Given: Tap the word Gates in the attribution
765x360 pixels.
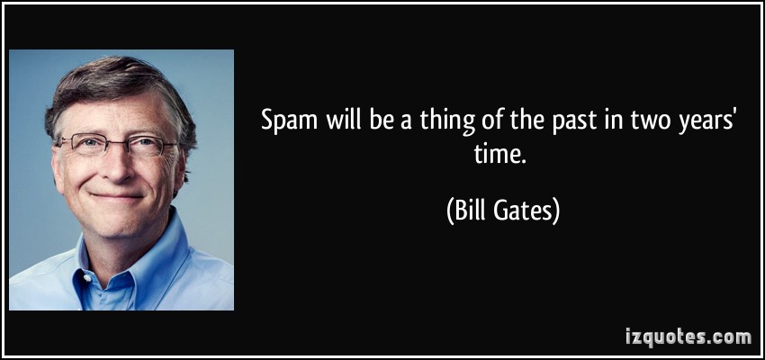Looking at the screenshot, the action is click(x=525, y=212).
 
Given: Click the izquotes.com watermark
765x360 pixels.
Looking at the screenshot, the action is click(x=688, y=337).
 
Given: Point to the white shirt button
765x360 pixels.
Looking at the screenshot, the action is click(x=86, y=278).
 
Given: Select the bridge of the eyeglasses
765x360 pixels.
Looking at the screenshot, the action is click(x=118, y=143).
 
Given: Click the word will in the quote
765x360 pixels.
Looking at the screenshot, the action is click(x=343, y=121).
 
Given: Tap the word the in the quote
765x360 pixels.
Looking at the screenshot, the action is click(x=526, y=121).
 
